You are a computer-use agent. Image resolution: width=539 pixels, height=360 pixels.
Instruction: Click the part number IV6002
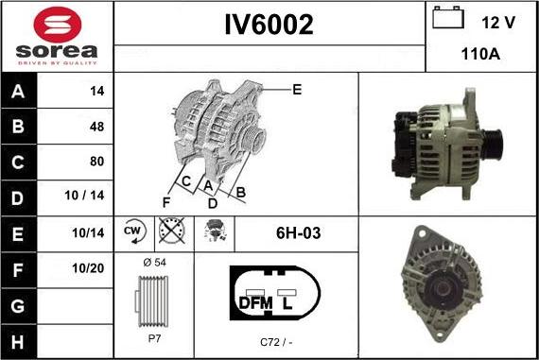click(269, 25)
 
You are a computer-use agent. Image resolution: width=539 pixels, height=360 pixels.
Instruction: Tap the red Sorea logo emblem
click(58, 25)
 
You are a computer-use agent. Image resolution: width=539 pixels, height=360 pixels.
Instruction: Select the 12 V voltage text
click(498, 23)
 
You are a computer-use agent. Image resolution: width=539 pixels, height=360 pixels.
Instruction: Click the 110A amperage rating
click(480, 54)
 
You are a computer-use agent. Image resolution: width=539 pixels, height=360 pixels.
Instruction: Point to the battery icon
click(448, 17)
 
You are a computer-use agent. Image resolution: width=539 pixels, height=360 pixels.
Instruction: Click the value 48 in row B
click(97, 127)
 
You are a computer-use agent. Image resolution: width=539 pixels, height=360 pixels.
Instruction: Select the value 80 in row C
click(97, 162)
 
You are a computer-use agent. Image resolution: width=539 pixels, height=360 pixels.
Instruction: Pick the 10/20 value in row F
click(88, 268)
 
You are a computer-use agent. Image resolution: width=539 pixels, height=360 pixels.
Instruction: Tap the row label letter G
click(18, 306)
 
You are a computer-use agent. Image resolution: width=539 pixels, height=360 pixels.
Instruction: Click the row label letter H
click(18, 342)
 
